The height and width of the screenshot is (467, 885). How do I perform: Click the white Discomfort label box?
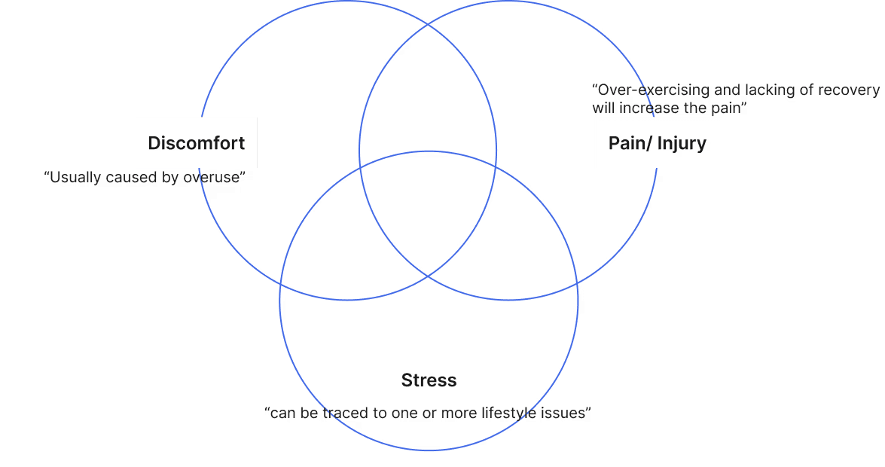click(197, 142)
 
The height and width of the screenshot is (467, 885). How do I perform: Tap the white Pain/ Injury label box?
click(657, 142)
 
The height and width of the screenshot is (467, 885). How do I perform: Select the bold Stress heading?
click(429, 380)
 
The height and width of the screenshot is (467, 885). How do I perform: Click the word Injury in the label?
click(682, 143)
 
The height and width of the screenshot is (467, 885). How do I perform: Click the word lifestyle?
click(513, 414)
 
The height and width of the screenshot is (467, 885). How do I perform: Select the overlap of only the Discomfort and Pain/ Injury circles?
click(428, 98)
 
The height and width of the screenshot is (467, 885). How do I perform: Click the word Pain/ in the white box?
click(626, 143)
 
